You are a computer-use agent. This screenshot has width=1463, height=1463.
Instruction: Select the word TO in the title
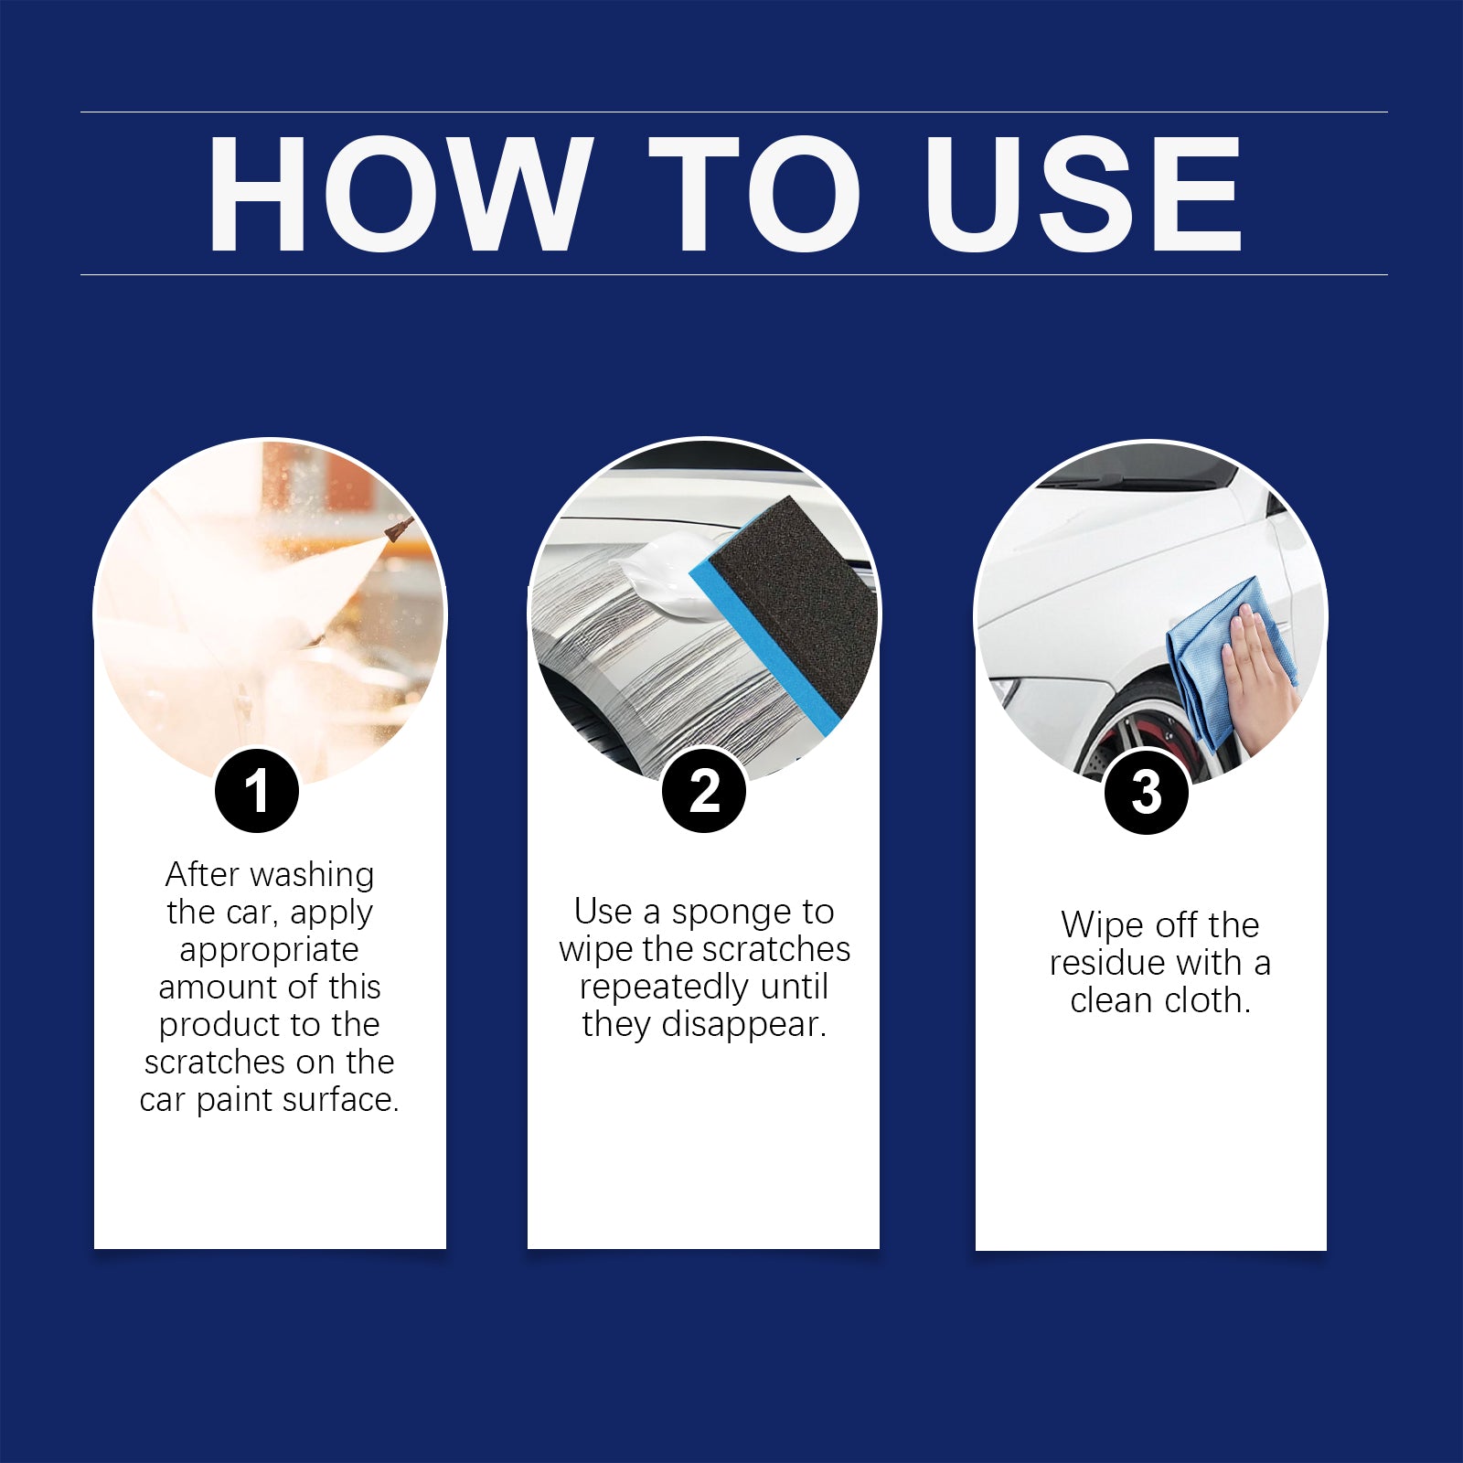pyautogui.click(x=754, y=193)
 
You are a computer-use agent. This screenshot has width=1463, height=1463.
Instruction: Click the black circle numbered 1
pyautogui.click(x=257, y=791)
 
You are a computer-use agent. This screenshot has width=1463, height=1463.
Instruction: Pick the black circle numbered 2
pyautogui.click(x=704, y=791)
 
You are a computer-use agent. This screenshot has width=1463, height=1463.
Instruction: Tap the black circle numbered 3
pyautogui.click(x=1147, y=792)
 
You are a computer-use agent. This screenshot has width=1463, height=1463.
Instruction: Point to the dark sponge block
pyautogui.click(x=796, y=603)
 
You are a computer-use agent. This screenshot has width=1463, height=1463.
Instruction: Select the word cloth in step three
pyautogui.click(x=1206, y=1000)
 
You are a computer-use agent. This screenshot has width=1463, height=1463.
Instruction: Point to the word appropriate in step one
pyautogui.click(x=269, y=950)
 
